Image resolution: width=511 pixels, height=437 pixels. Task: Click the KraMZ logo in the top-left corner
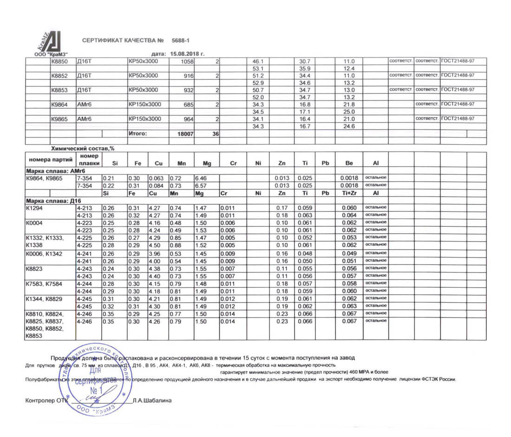(46, 44)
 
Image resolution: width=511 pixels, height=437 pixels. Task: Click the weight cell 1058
(186, 61)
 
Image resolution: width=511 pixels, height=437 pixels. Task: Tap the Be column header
(349, 163)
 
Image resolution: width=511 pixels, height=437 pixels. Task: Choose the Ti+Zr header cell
(349, 193)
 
